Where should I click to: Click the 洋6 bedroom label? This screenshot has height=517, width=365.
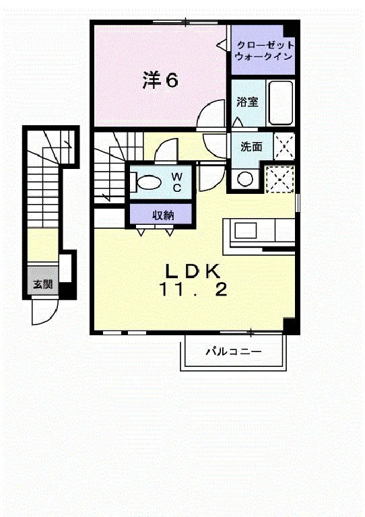(160, 80)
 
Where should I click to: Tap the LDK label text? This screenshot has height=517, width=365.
(193, 271)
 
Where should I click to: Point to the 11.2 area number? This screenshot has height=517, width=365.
(193, 289)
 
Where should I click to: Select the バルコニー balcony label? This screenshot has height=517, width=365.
(234, 351)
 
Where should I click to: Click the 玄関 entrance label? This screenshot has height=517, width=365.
(43, 283)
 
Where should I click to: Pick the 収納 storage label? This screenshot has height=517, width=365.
(163, 215)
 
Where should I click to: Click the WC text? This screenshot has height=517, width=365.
(176, 182)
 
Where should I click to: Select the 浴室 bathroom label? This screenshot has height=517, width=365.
(247, 102)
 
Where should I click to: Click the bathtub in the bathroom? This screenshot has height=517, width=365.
(281, 102)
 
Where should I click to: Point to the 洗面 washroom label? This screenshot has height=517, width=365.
(251, 146)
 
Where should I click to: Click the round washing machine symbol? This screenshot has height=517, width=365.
(245, 180)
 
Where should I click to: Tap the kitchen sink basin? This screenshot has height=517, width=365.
(246, 230)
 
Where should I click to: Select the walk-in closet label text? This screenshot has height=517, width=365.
(263, 50)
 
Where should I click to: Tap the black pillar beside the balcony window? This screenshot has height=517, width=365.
(290, 324)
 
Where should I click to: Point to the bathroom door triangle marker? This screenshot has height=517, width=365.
(237, 123)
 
